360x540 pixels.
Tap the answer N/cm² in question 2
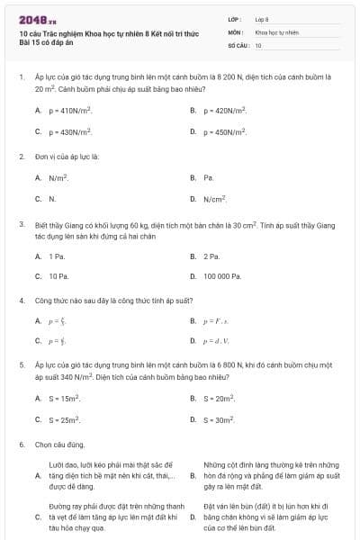pos(214,198)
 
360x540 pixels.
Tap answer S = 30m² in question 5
pos(219,419)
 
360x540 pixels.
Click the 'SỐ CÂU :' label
pos(238,44)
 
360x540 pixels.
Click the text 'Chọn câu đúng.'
pos(60,444)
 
